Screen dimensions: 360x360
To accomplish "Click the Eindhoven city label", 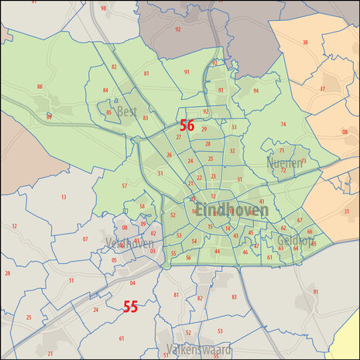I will [x=231, y=210].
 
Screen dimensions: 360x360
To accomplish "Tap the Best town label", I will [x=126, y=111].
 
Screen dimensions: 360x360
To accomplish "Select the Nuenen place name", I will [x=283, y=164].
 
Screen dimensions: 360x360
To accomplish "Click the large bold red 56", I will [x=187, y=124].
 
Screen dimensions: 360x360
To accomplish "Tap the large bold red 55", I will [x=130, y=307].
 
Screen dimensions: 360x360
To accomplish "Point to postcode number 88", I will [x=39, y=87].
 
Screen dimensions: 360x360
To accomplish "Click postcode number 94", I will [x=255, y=91].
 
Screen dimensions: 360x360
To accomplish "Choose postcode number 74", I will [x=283, y=124].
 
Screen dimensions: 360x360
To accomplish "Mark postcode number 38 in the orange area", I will [x=305, y=43].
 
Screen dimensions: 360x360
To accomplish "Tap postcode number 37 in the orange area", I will [x=322, y=89].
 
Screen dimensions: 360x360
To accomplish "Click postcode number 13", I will [x=63, y=197].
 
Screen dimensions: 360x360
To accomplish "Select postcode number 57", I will [x=124, y=186].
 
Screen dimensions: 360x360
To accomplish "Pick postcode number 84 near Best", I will [x=105, y=90].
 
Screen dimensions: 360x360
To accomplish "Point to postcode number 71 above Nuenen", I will [x=282, y=150].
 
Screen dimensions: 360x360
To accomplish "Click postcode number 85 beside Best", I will [x=109, y=113].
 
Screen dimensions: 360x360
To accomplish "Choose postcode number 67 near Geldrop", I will [x=299, y=221].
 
